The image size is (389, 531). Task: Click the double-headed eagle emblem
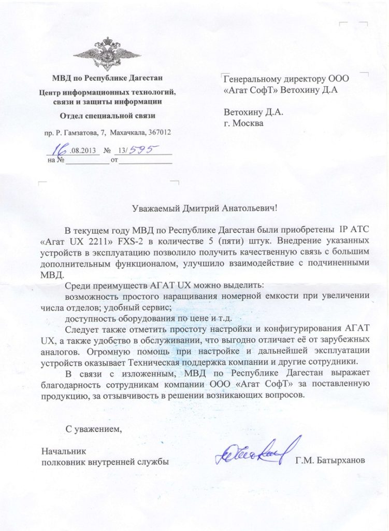tap(107, 53)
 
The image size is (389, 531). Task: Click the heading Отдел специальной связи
tap(107, 116)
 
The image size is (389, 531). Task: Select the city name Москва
tap(248, 123)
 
